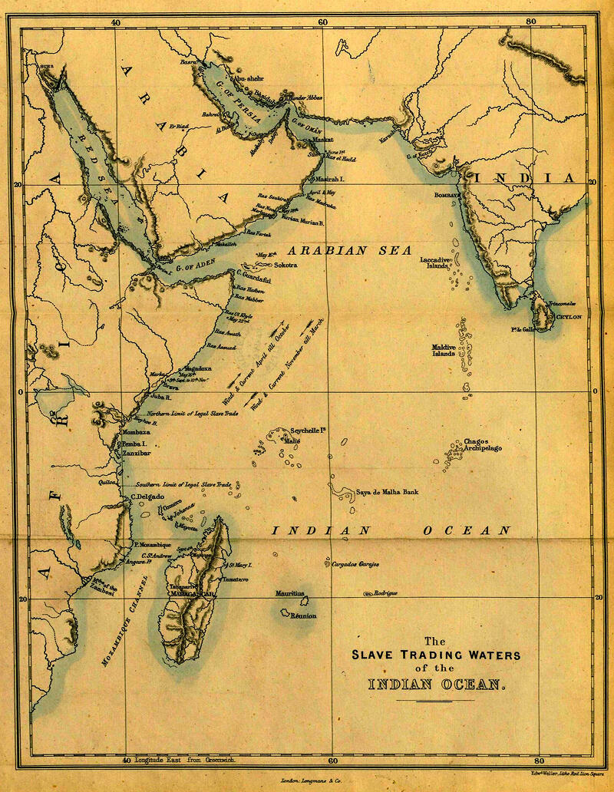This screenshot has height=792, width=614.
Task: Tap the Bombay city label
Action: [x=448, y=195]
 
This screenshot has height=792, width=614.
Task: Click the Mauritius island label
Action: [x=291, y=593]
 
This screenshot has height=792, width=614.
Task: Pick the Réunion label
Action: [x=303, y=615]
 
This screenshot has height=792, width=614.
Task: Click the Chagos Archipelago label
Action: [x=483, y=446]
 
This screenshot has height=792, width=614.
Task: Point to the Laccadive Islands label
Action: [x=434, y=264]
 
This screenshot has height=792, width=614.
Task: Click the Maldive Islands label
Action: [x=444, y=351]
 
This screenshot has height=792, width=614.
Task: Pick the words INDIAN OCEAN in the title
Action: [x=434, y=684]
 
